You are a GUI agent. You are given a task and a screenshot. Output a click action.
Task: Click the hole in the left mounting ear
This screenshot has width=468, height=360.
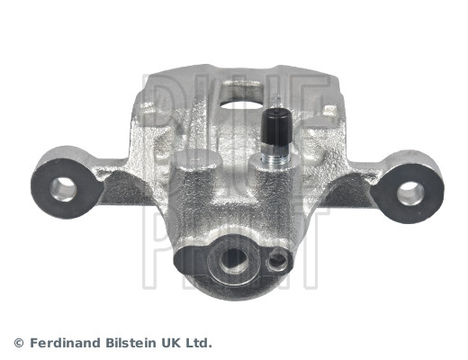tap(64, 187)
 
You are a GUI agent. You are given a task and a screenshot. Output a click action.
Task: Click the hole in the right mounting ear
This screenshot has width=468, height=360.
tap(410, 191)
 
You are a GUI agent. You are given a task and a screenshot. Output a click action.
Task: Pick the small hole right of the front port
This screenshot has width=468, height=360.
tap(277, 260)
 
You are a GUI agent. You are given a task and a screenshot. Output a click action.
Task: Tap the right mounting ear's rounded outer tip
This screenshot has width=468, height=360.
tap(438, 189)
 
